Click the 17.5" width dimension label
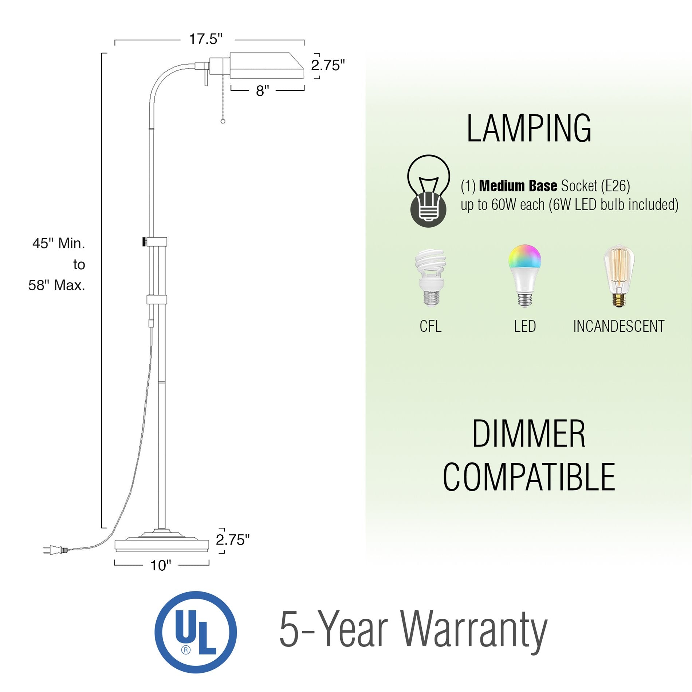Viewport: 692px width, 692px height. pos(206,39)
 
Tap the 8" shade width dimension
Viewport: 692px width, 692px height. pos(262,91)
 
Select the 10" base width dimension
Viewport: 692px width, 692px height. pos(161,566)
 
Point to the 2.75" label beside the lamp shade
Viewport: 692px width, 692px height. pos(327,66)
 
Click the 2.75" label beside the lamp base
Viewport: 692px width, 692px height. pos(233,540)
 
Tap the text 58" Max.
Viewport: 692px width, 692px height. pos(57,285)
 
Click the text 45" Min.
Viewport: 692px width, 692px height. pos(59,243)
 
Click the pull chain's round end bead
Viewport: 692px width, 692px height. pos(223,121)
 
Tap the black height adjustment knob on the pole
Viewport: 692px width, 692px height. pos(144,241)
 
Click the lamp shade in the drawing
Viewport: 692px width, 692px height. pos(266,66)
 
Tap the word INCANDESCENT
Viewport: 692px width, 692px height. pos(619,326)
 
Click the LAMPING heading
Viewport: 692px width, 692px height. pos(529,129)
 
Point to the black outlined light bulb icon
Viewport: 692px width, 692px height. pos(429,191)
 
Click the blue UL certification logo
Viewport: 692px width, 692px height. pos(196,632)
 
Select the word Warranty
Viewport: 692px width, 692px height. pos(474,630)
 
